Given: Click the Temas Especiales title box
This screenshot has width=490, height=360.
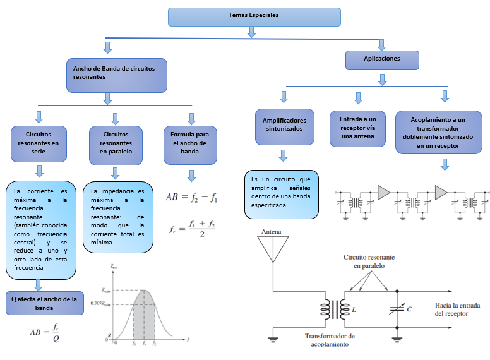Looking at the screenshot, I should [254, 16].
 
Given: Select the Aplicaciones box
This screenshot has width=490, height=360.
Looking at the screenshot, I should [382, 59].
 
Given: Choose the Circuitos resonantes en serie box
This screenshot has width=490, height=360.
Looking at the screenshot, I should [39, 143].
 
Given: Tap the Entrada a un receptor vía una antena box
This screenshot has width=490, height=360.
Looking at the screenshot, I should [357, 128].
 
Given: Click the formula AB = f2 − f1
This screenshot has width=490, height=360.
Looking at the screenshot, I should [191, 197].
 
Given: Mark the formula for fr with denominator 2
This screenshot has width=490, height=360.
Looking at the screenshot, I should [193, 229].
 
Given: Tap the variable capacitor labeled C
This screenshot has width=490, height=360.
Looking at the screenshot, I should [397, 309].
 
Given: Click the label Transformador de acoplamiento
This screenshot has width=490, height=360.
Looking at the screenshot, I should [330, 340].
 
